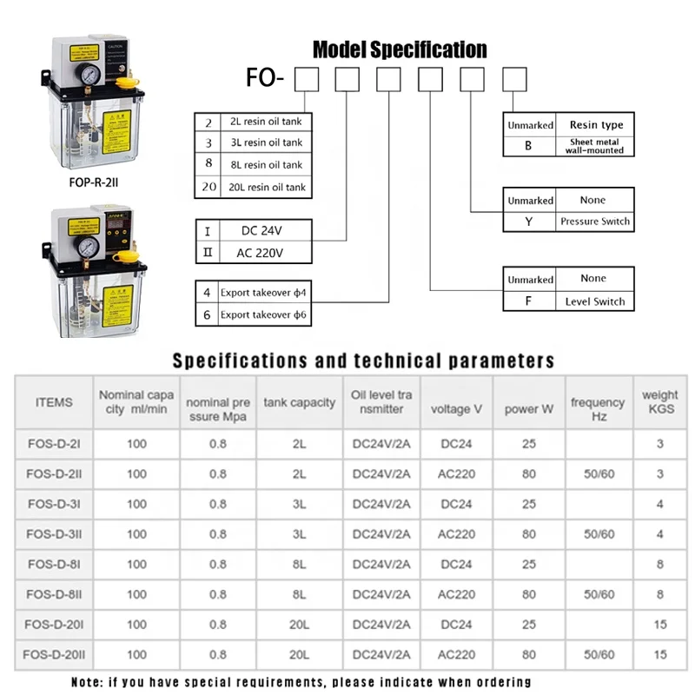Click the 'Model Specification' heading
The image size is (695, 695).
point(400,50)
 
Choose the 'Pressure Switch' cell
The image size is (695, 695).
point(595,222)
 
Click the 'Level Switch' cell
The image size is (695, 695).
point(595,301)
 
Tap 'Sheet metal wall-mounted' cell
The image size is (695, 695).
point(596,145)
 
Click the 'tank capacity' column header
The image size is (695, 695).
point(300,402)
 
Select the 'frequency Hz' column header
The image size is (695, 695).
point(598,408)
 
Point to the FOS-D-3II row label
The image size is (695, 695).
point(56,533)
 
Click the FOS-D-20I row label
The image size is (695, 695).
point(56,624)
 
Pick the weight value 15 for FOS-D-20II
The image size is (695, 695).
point(660,654)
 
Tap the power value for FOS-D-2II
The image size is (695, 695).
point(528,473)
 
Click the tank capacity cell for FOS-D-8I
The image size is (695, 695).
point(300,564)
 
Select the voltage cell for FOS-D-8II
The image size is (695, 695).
point(456,594)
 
